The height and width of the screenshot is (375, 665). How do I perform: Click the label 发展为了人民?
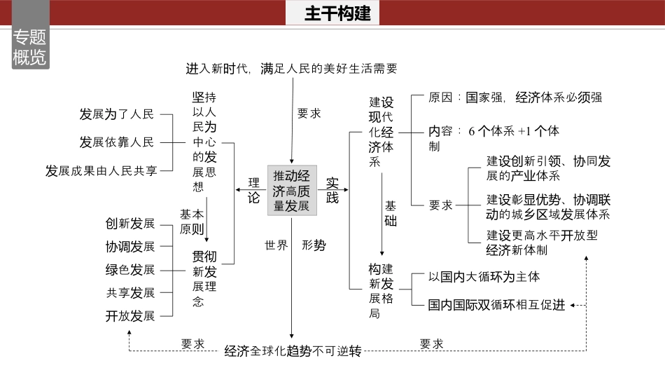pyautogui.click(x=116, y=114)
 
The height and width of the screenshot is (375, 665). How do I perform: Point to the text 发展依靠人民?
pyautogui.click(x=116, y=142)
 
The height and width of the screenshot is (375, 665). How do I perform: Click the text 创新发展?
pyautogui.click(x=130, y=224)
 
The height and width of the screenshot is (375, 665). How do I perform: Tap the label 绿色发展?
pyautogui.click(x=130, y=270)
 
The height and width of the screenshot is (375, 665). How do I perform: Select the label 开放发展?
pyautogui.click(x=130, y=315)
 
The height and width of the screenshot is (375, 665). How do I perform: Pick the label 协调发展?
pyautogui.click(x=130, y=247)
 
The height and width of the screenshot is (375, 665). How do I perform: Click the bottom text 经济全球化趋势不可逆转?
pyautogui.click(x=293, y=351)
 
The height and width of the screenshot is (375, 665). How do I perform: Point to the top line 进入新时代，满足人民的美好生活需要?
pyautogui.click(x=291, y=69)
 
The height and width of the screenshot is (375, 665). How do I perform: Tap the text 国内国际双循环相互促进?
pyautogui.click(x=496, y=305)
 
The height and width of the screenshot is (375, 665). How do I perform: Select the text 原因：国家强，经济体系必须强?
pyautogui.click(x=515, y=97)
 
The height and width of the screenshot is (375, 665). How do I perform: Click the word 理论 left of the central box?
pyautogui.click(x=253, y=189)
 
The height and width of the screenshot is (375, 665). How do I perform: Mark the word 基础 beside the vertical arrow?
pyautogui.click(x=391, y=214)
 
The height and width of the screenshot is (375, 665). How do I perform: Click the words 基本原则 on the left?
pyautogui.click(x=192, y=221)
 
